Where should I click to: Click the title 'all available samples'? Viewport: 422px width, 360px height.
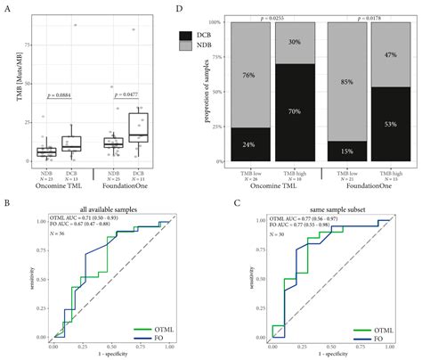coord(99,206)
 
